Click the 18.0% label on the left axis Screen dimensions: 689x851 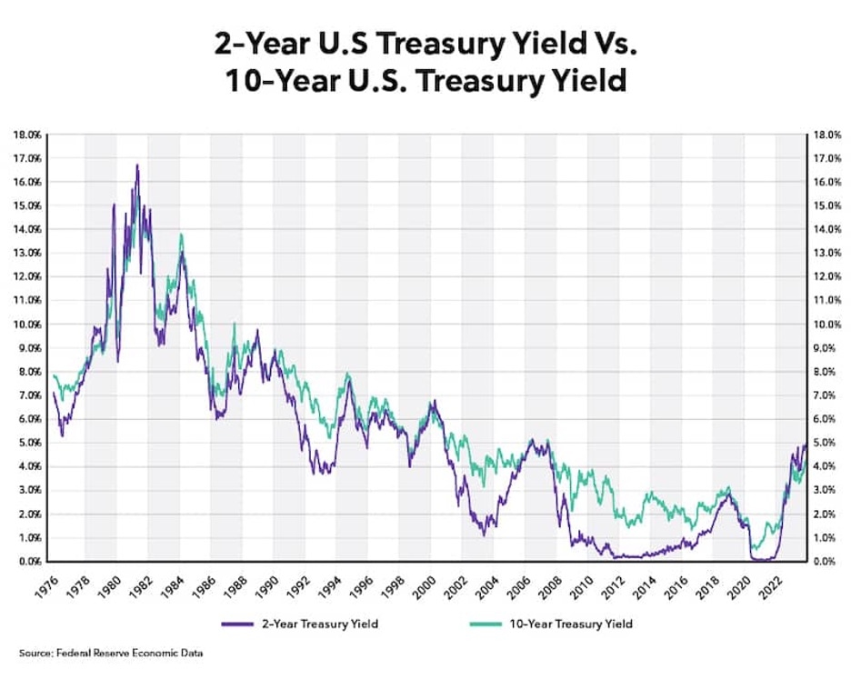27,135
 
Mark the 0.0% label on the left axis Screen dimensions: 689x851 29,562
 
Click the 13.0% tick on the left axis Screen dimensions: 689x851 27,253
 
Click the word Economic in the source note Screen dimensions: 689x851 147,654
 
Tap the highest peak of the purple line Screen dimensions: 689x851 137,165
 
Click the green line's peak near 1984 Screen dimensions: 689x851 181,235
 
